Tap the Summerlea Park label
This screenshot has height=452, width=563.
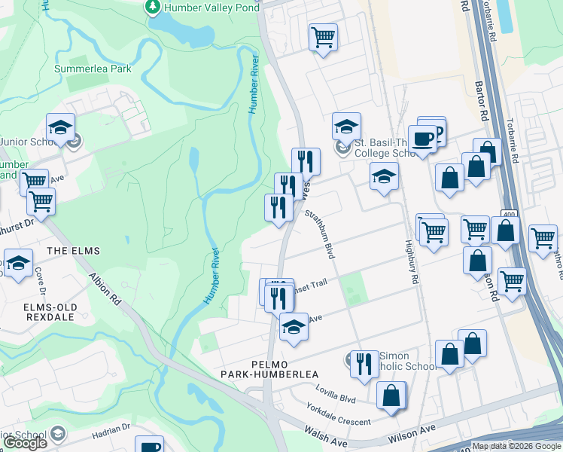click(93, 69)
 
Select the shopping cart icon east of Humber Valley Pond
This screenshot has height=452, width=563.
click(323, 36)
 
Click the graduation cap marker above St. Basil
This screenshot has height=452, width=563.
click(346, 126)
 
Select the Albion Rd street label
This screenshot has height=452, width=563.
click(105, 289)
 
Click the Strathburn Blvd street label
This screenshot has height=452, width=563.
click(319, 233)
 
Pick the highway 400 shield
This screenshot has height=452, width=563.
click(510, 215)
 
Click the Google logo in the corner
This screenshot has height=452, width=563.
click(25, 443)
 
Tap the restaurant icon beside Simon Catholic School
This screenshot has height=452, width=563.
click(364, 364)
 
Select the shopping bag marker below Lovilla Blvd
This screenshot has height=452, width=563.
click(391, 395)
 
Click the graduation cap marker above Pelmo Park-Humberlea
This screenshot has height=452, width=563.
click(294, 327)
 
